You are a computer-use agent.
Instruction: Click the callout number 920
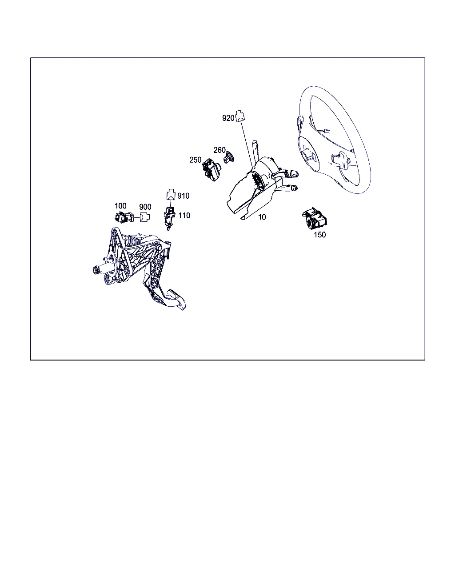pyautogui.click(x=228, y=118)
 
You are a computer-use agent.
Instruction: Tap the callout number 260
pyautogui.click(x=220, y=150)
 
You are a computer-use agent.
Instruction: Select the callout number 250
pyautogui.click(x=196, y=160)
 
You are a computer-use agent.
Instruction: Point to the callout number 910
pyautogui.click(x=183, y=196)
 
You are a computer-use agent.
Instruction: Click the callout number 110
pyautogui.click(x=184, y=216)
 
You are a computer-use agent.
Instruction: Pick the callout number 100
pyautogui.click(x=120, y=205)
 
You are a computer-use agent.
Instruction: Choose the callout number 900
pyautogui.click(x=145, y=207)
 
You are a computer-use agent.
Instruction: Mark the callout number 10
pyautogui.click(x=262, y=217)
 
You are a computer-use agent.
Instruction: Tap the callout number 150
pyautogui.click(x=319, y=235)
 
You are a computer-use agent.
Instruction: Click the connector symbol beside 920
pyautogui.click(x=240, y=116)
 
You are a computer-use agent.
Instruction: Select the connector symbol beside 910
pyautogui.click(x=171, y=194)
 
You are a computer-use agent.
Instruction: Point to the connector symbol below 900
pyautogui.click(x=144, y=217)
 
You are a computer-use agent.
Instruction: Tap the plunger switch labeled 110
pyautogui.click(x=169, y=218)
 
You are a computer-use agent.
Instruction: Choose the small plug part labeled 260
pyautogui.click(x=229, y=157)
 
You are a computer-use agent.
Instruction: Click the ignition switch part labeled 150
pyautogui.click(x=315, y=219)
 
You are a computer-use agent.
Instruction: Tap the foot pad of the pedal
pyautogui.click(x=176, y=300)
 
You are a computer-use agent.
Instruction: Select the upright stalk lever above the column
pyautogui.click(x=255, y=151)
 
